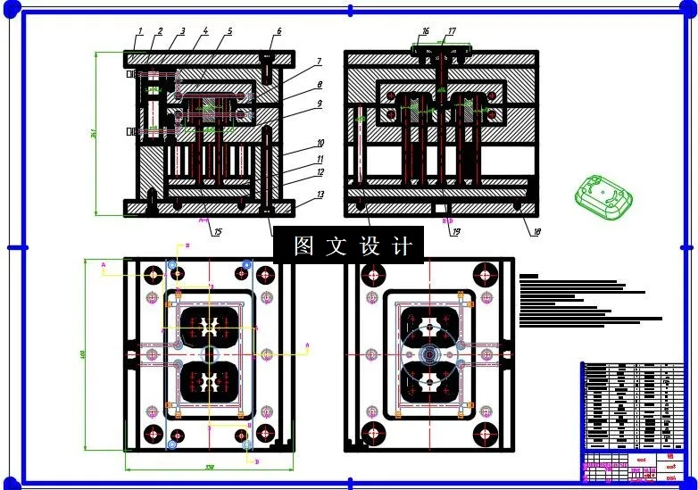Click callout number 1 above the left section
139,32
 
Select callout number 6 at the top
278,31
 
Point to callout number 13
320,194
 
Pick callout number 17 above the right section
452,31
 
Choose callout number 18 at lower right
536,232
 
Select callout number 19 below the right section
455,232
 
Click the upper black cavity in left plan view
211,328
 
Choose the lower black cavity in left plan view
211,384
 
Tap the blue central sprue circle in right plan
430,355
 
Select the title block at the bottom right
633,420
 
